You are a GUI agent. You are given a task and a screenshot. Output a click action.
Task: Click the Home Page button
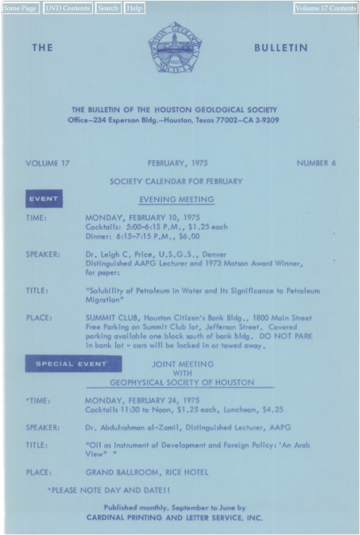19,8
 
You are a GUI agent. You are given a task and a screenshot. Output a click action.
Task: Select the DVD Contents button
67,8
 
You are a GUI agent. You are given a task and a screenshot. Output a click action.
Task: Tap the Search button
108,8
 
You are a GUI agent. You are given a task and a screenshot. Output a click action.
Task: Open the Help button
134,8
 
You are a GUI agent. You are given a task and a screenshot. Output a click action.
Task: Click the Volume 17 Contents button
326,8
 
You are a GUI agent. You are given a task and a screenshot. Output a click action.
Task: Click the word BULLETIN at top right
281,48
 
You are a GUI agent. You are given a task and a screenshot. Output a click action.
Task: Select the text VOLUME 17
48,163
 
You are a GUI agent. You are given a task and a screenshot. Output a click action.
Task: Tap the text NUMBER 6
316,163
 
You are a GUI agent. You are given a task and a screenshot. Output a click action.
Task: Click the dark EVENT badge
44,199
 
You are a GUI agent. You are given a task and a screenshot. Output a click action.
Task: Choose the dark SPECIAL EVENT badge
73,364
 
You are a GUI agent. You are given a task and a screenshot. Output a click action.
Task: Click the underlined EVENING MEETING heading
177,200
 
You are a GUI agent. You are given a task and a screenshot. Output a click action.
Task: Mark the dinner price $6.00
186,237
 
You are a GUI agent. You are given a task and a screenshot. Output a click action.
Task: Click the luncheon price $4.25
271,410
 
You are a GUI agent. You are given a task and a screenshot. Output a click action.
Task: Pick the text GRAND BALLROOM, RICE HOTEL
147,472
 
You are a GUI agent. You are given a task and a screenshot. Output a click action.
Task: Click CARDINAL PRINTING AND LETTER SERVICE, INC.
175,518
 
